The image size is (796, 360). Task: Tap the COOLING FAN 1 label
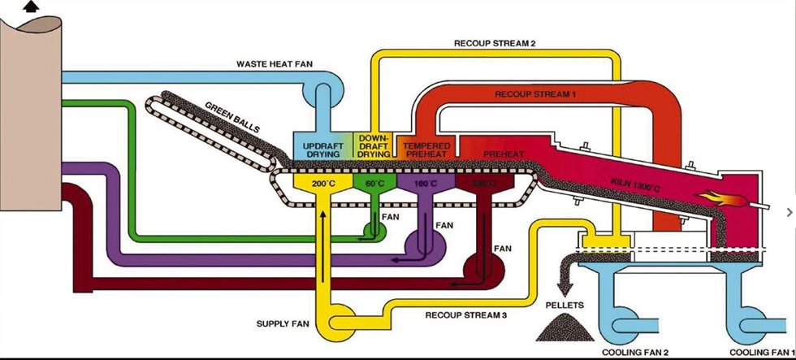[759, 352]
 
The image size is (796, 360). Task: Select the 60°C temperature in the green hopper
[374, 185]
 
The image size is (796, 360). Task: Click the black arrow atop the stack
[32, 7]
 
